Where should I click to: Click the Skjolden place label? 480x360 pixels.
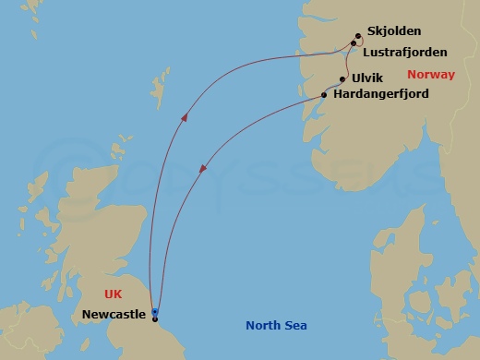[x=393, y=31]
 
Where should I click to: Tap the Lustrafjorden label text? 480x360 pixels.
[x=405, y=52]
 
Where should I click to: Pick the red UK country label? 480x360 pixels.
[x=114, y=293]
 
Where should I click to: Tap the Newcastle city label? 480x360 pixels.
[x=114, y=315]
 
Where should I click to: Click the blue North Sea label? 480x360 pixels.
[x=276, y=326]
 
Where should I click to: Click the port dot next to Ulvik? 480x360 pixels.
[x=342, y=79]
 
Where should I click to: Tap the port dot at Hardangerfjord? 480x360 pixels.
[x=323, y=94]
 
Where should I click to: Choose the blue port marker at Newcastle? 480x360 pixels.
[x=155, y=312]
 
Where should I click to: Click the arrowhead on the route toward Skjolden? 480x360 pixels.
[x=186, y=117]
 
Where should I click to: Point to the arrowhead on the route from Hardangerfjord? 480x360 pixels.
[x=202, y=169]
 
